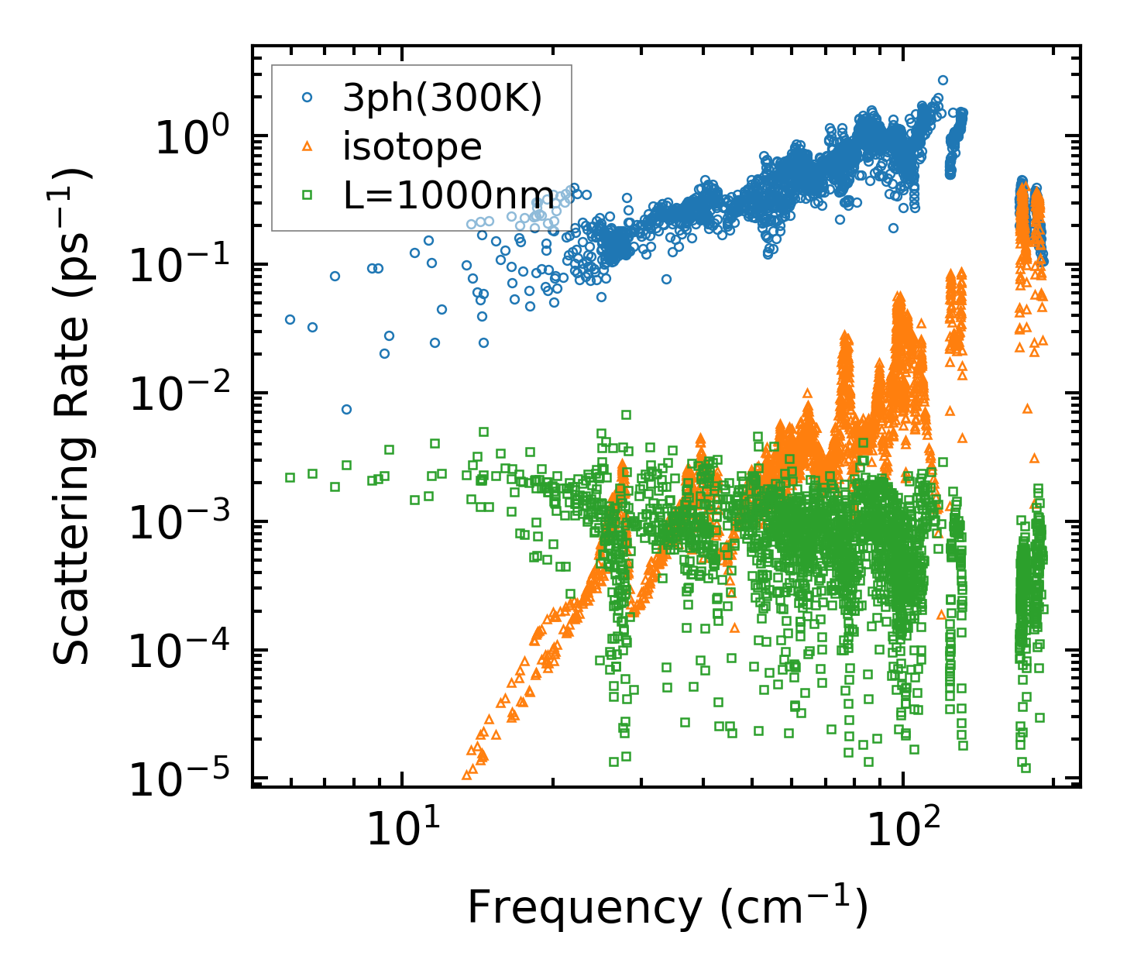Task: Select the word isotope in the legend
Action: tap(412, 146)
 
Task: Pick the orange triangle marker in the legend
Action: tap(307, 146)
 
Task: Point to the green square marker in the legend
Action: tap(307, 195)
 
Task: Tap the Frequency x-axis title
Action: tap(667, 907)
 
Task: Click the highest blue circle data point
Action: tap(943, 80)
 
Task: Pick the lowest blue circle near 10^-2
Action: tap(346, 409)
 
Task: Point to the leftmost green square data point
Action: tap(290, 477)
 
